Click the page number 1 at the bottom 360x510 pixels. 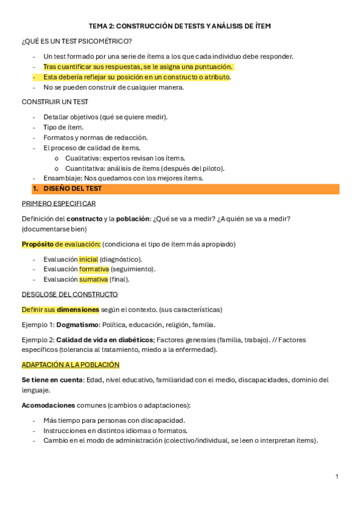337,476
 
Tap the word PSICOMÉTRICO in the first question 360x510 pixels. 106,41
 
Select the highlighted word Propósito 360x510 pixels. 37,244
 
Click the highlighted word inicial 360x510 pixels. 88,259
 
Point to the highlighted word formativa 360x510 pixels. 94,269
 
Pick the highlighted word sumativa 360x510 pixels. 93,279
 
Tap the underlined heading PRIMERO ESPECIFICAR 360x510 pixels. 58,203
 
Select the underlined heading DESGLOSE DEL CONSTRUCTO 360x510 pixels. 70,294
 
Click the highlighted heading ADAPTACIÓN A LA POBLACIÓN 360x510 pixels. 70,364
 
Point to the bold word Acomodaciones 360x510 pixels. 48,405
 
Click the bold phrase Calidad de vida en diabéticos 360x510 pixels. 105,340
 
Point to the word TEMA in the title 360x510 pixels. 98,26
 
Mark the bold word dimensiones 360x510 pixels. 78,310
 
